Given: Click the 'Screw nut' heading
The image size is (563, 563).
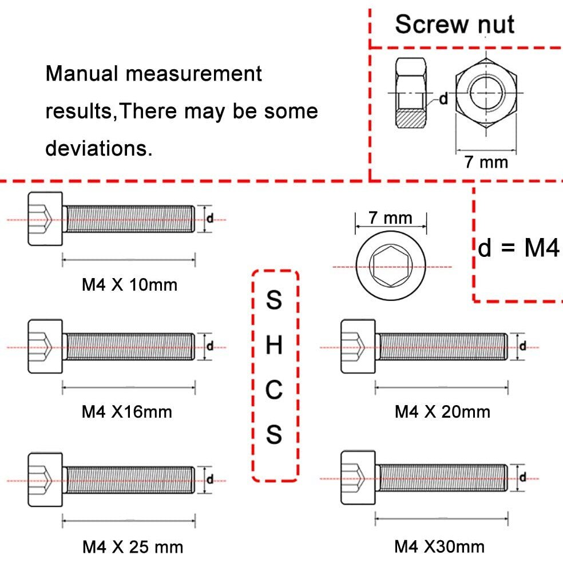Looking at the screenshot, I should click(454, 25).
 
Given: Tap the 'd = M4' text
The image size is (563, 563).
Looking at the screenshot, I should click(518, 249).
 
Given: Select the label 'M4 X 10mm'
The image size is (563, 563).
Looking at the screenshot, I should click(129, 284).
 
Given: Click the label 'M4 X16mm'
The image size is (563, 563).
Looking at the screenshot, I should click(126, 411).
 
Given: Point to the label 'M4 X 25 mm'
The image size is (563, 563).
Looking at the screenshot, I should click(133, 547).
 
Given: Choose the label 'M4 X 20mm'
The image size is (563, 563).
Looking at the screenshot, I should click(442, 411).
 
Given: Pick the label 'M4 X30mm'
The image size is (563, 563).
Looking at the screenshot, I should click(439, 546).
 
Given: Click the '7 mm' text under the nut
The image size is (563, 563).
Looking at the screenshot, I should click(486, 162).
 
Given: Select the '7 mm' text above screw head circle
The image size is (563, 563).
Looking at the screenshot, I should click(391, 218).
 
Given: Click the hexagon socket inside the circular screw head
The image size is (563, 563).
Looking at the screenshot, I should click(391, 267).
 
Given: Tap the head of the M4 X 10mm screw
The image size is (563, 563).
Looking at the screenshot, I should click(45, 219).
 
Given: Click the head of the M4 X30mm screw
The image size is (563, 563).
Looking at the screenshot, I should click(358, 478).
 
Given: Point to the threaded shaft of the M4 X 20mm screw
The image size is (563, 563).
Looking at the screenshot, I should click(442, 347).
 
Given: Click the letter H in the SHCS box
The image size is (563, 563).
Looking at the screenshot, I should click(275, 345).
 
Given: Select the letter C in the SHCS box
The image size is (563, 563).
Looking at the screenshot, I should click(275, 390).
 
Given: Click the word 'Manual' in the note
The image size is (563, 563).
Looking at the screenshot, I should click(82, 74).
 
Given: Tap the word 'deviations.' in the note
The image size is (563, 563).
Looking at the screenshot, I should click(98, 148).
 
